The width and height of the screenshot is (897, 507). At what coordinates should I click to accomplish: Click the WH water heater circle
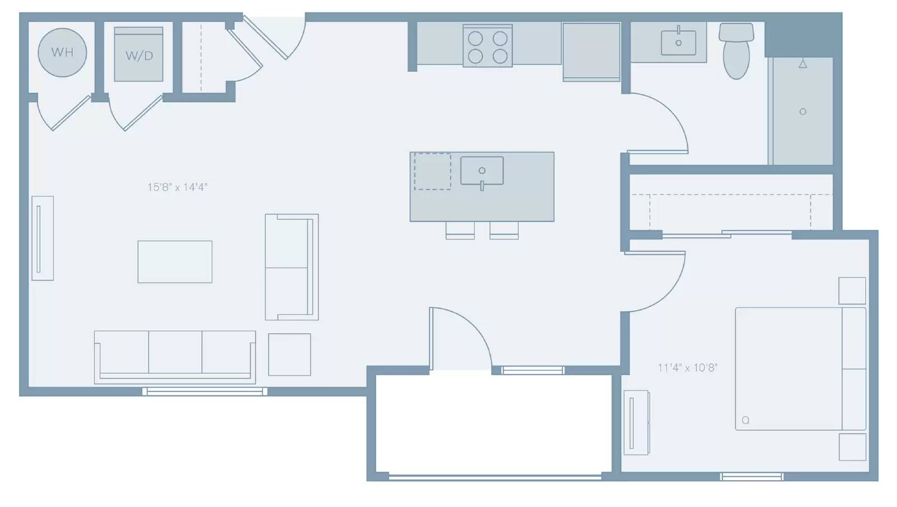click(62, 53)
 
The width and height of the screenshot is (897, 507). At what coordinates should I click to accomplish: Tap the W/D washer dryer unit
click(138, 54)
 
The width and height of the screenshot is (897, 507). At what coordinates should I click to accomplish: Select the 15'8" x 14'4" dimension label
click(177, 187)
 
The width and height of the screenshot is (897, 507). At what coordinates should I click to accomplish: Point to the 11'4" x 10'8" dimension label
click(687, 368)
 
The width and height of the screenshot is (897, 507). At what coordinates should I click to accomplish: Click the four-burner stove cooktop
click(487, 45)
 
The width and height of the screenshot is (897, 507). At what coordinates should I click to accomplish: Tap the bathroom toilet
click(736, 50)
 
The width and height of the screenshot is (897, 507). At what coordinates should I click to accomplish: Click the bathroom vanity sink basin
click(678, 42)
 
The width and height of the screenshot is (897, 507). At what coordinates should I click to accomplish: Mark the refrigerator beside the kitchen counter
click(591, 52)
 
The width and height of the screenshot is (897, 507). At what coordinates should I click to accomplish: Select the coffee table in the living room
click(175, 262)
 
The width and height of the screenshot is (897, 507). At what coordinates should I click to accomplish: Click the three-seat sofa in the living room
click(175, 357)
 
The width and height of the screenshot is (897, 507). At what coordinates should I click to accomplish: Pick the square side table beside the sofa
click(289, 355)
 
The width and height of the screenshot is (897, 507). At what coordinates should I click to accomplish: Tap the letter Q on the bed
click(745, 420)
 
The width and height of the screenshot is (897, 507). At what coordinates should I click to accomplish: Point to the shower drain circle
click(802, 112)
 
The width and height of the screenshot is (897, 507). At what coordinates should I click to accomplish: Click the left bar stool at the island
click(460, 231)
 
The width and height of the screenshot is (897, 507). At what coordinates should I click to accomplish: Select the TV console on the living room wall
click(43, 238)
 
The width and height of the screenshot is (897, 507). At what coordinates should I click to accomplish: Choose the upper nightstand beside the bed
click(852, 291)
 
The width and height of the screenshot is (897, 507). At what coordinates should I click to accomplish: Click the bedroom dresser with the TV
click(637, 422)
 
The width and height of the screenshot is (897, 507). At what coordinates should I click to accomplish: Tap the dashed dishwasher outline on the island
click(432, 172)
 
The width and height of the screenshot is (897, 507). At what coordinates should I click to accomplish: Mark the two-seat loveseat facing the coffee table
click(292, 267)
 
